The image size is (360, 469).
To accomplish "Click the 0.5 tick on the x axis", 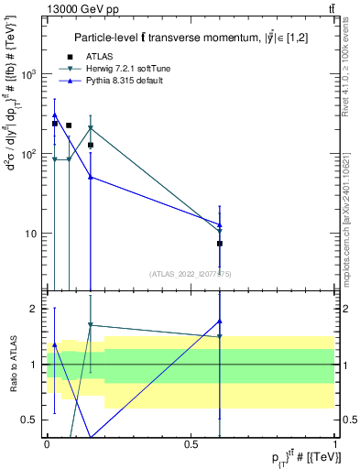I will coord(191,443).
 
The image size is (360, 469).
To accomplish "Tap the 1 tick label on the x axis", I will coord(334,443).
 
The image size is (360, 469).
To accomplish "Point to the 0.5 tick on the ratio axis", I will coord(34,420).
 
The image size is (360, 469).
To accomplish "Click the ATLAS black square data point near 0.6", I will coord(220,244).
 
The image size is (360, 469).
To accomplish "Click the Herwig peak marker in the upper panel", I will coord(90,128).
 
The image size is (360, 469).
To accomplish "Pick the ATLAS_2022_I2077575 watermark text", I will coord(191,273).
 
